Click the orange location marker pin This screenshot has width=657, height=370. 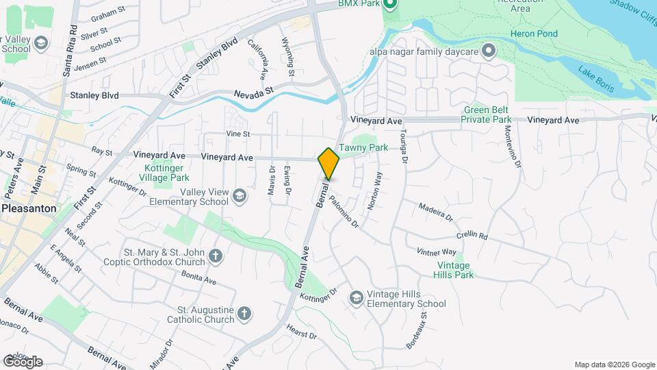pos(328,164)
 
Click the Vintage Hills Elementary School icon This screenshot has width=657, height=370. pos(356,298)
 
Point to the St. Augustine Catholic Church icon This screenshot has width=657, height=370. pos(244,314)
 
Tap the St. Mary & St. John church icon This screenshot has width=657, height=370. pos(215,257)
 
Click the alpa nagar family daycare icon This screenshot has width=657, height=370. pos(488,50)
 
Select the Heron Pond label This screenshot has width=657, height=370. pos(534,34)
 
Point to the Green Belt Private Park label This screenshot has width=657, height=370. pos(487,114)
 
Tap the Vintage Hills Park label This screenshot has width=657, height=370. pos(453,270)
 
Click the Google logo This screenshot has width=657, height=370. pos(23,362)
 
